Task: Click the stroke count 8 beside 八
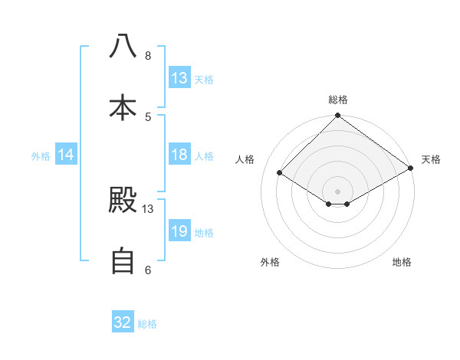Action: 148,56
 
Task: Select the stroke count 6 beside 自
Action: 148,270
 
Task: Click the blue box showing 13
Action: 179,78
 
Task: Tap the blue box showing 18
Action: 179,155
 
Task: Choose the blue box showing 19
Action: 179,231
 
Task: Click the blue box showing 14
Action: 66,155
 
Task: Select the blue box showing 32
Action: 123,322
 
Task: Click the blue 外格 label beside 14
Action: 41,155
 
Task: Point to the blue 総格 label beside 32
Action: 147,323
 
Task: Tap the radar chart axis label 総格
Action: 338,100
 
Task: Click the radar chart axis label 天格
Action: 431,159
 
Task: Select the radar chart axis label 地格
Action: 402,262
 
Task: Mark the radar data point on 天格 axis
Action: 411,168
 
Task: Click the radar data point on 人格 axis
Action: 280,173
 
